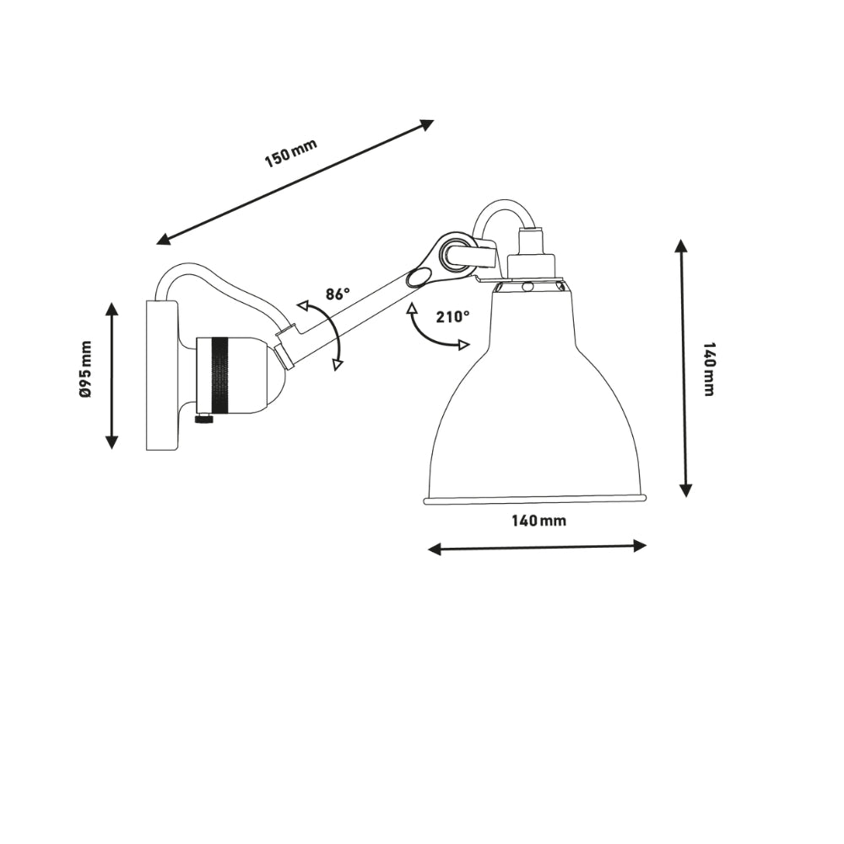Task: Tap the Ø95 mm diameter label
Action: pyautogui.click(x=85, y=369)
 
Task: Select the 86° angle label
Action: pyautogui.click(x=337, y=295)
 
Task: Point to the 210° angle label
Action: pyautogui.click(x=452, y=317)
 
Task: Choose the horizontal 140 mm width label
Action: pyautogui.click(x=538, y=521)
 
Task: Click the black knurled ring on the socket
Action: pyautogui.click(x=219, y=375)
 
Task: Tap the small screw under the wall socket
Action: pyautogui.click(x=203, y=418)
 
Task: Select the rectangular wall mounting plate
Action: pyautogui.click(x=161, y=375)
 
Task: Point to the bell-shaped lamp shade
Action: pyautogui.click(x=533, y=405)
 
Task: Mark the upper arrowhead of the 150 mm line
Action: pyautogui.click(x=427, y=125)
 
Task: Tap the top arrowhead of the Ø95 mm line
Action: pyautogui.click(x=111, y=309)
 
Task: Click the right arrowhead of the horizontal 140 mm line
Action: pyautogui.click(x=640, y=545)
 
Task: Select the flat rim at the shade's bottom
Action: pyautogui.click(x=535, y=500)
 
